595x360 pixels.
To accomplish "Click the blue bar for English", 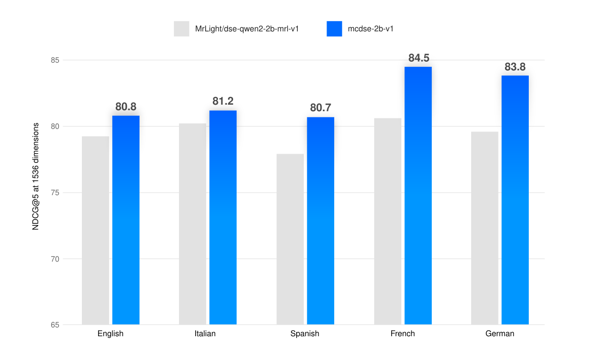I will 126,220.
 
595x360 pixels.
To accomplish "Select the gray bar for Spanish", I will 290,239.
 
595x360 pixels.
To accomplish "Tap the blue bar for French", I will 418,196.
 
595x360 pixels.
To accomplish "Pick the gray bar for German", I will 484,228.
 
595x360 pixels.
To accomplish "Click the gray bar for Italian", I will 193,224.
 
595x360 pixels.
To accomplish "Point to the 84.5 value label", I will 419,58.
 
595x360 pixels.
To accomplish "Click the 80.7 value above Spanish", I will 321,108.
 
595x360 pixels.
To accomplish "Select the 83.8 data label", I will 515,67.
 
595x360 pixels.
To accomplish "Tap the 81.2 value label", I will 223,101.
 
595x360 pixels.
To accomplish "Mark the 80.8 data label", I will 126,107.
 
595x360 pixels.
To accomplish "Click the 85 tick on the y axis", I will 54,60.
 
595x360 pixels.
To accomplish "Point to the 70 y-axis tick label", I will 54,259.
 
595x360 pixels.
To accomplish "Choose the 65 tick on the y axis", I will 54,325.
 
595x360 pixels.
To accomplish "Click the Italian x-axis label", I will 205,334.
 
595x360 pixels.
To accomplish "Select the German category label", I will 499,334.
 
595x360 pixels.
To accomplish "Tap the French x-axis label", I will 402,334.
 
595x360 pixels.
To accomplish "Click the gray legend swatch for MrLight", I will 181,29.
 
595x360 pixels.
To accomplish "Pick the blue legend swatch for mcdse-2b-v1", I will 334,29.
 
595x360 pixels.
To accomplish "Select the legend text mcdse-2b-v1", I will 371,29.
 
